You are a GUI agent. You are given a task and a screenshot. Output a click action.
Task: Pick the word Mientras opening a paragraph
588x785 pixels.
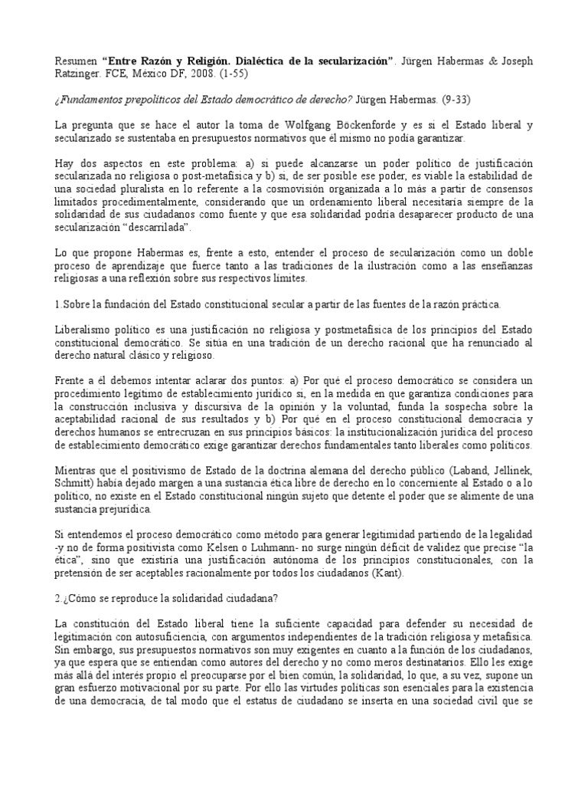78,470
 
